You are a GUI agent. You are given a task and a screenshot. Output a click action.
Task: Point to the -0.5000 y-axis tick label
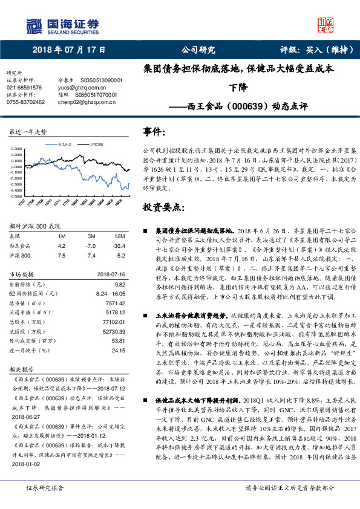pos(19,196)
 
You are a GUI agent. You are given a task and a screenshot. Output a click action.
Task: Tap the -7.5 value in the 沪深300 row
pos(61,255)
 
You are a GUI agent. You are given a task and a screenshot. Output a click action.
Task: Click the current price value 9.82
pos(119,284)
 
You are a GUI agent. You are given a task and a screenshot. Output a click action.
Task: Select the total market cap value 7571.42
pos(115,303)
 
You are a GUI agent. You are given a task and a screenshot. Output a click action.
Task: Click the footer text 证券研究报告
pos(45,488)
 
